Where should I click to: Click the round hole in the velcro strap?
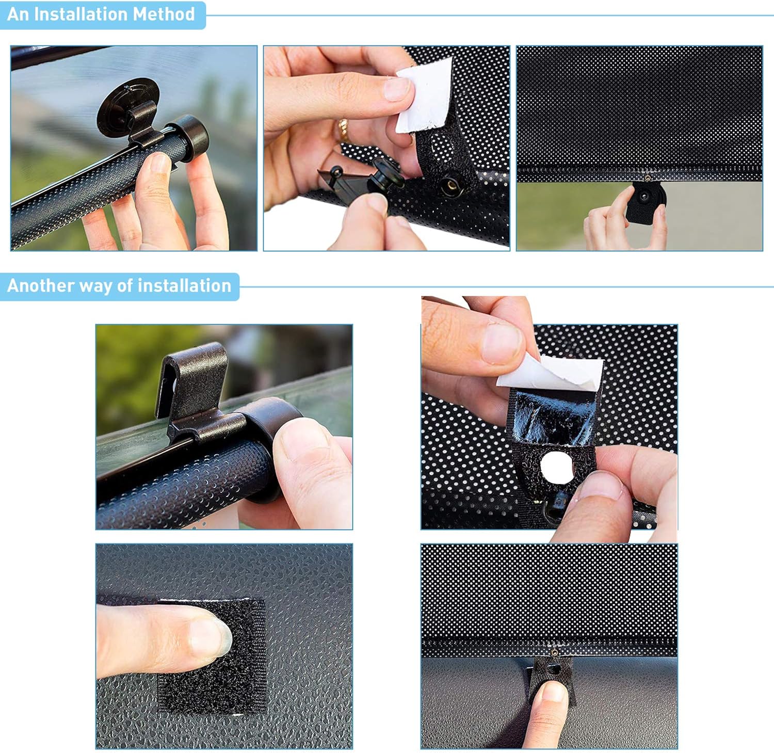click(557, 468)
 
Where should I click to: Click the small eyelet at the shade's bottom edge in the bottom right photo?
click(554, 653)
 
